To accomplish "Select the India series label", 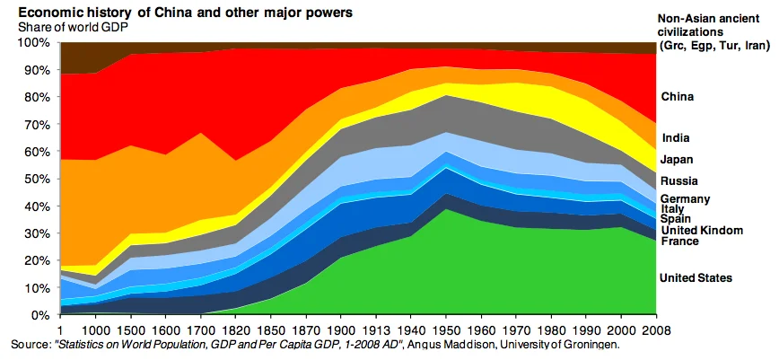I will tap(675, 137).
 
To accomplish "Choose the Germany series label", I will tap(686, 199).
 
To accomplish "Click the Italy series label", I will tap(673, 209).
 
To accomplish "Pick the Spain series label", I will tap(676, 220).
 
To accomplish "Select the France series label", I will tap(679, 241).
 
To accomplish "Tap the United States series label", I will tap(696, 278).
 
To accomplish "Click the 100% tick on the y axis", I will tap(37, 42).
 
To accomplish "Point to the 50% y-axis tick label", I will tap(39, 179).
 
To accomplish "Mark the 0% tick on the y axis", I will tap(43, 315).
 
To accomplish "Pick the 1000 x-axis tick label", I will tap(98, 328).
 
